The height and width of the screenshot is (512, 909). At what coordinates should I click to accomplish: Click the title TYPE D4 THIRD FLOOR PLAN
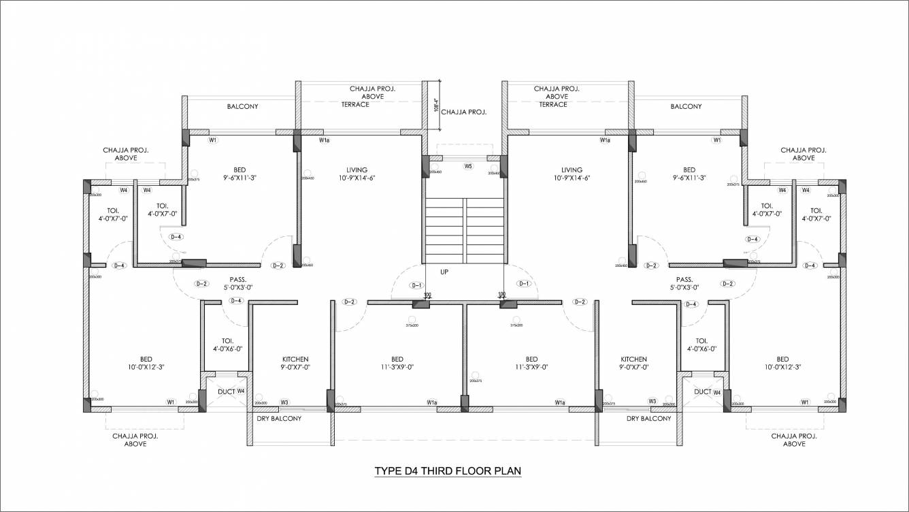coord(448,470)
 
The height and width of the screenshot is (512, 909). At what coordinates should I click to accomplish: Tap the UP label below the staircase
coord(444,272)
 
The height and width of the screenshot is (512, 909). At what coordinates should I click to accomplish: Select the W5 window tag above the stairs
coord(468,166)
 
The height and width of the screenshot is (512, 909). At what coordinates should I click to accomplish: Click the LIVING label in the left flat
coord(357,170)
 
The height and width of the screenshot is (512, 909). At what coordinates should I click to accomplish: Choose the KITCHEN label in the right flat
coord(633,359)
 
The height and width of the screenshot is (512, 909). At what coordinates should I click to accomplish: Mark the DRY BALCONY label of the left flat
coord(279,419)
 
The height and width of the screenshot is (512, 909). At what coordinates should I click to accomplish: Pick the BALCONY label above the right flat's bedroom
coord(686,107)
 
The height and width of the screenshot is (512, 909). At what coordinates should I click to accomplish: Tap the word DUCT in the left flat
coord(226,391)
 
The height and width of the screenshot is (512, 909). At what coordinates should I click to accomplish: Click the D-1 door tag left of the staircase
coord(416,285)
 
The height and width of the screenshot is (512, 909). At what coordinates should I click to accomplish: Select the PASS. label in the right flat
coord(684,280)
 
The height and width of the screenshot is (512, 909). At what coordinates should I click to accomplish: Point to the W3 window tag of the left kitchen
coord(284,402)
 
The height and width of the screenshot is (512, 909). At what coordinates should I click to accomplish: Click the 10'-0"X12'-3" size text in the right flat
coord(782,367)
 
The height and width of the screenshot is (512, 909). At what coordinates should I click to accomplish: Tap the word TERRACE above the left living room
coord(356,105)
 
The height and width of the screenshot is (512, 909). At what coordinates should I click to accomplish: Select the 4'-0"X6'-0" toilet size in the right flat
coord(702,349)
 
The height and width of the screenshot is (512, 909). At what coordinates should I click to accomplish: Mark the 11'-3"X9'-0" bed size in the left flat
coord(397,367)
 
